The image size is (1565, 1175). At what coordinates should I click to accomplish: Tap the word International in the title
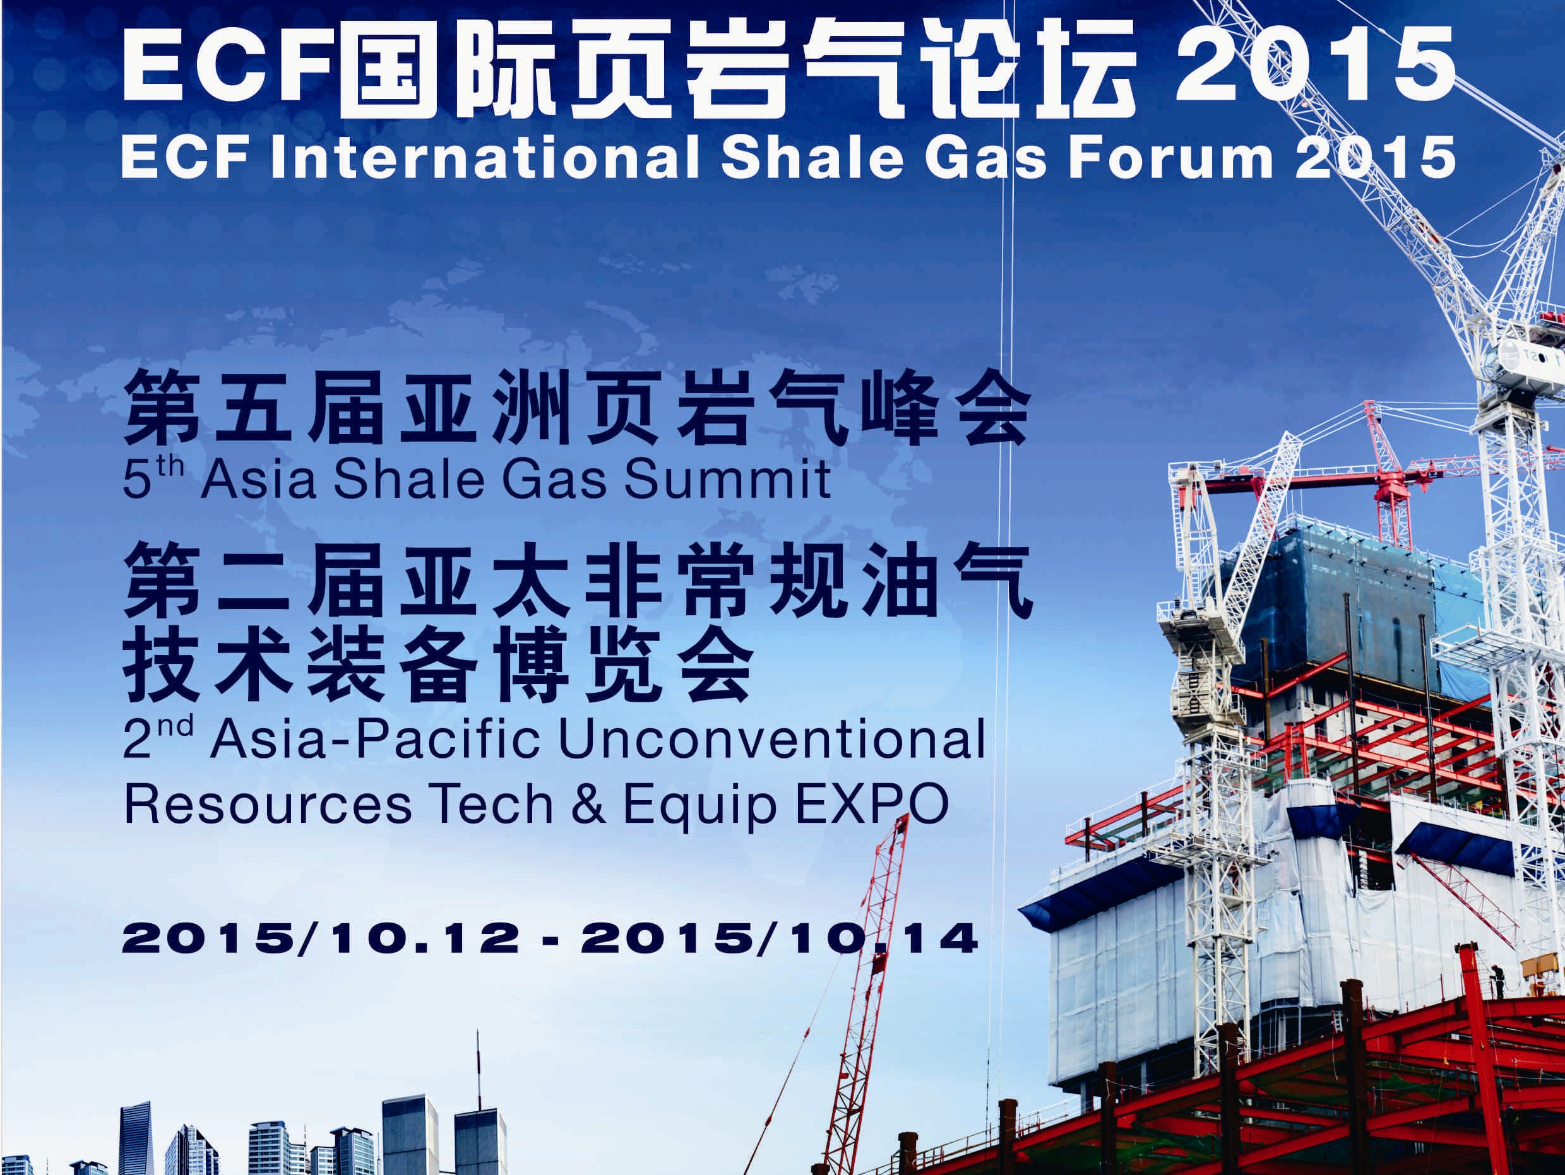(x=485, y=156)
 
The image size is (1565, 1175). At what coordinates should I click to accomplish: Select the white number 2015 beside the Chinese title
(x=1314, y=65)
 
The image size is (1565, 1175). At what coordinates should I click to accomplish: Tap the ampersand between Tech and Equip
(x=588, y=805)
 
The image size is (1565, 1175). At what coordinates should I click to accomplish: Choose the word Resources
(x=268, y=805)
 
